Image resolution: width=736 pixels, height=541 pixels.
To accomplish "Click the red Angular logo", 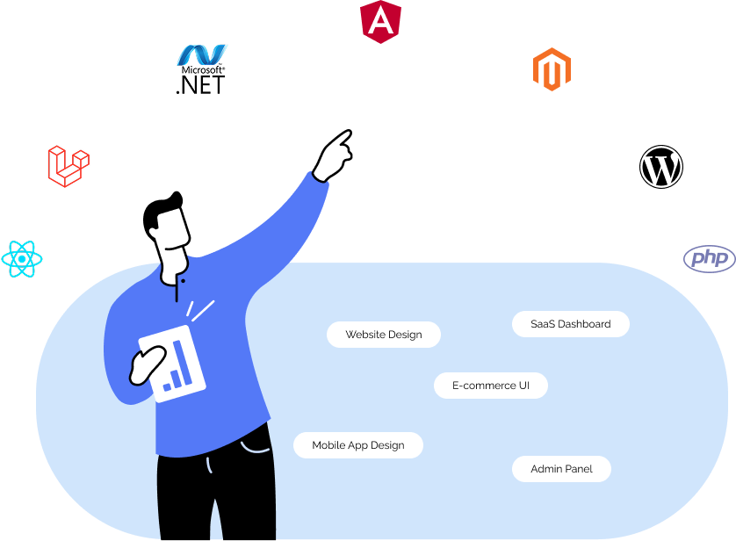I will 380,19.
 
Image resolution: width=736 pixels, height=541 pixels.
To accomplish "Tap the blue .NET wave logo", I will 202,55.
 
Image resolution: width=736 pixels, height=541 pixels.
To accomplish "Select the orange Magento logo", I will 552,69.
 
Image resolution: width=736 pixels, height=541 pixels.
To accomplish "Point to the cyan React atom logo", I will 21,259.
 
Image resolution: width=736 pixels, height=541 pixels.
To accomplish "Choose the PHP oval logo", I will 709,258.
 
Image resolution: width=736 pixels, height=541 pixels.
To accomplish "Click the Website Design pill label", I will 384,335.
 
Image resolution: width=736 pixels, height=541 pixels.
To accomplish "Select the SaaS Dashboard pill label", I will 571,324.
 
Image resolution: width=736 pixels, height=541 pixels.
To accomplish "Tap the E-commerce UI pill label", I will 491,386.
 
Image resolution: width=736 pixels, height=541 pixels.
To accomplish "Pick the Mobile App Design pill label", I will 358,445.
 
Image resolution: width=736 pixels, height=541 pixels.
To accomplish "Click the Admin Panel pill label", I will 561,469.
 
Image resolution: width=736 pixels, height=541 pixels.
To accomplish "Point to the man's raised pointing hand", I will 334,155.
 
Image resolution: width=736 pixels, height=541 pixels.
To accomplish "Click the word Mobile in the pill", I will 328,445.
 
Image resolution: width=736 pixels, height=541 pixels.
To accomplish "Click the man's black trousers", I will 215,496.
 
